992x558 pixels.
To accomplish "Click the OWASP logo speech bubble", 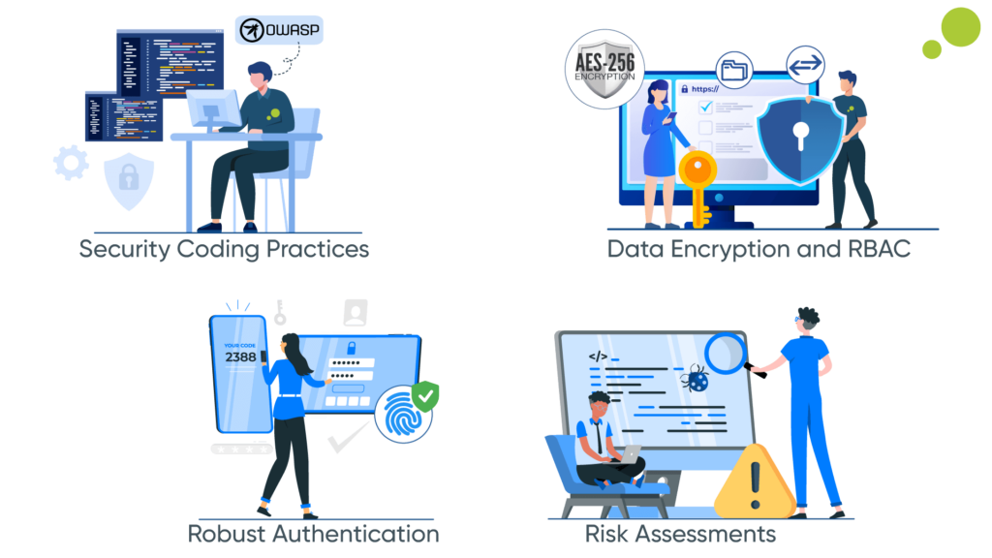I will (280, 30).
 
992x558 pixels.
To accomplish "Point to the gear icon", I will (71, 163).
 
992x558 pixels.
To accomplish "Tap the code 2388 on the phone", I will (240, 356).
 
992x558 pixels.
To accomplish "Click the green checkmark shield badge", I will (425, 394).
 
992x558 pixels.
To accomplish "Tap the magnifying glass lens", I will (727, 351).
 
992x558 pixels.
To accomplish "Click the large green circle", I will (961, 26).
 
